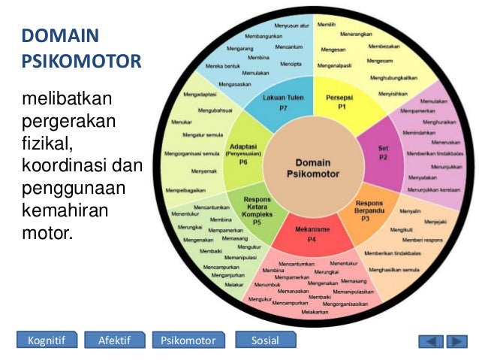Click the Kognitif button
pyautogui.click(x=47, y=341)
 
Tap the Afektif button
pyautogui.click(x=114, y=341)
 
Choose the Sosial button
pyautogui.click(x=265, y=341)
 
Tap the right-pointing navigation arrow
pyautogui.click(x=455, y=342)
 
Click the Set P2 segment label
pyautogui.click(x=383, y=153)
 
